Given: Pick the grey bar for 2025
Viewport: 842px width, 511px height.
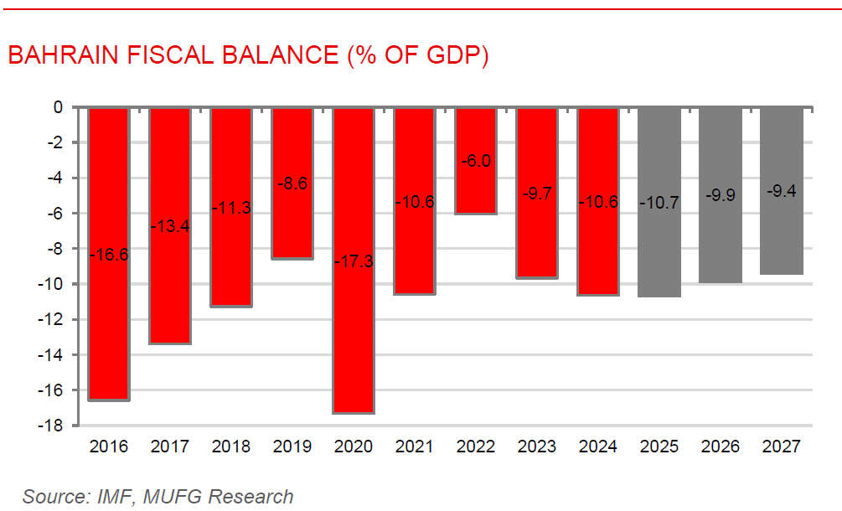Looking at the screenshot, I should tap(659, 251).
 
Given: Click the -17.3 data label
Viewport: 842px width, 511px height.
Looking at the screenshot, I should tap(354, 261).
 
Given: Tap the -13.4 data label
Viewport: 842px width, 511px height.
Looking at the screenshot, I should tap(170, 226).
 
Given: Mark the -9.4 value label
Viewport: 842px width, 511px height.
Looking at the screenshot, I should tap(781, 192).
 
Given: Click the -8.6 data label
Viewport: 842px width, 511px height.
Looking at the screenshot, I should tap(292, 183).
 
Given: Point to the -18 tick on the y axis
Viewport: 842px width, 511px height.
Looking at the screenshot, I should tap(54, 426).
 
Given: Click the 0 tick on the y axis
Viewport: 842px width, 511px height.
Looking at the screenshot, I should tap(59, 107).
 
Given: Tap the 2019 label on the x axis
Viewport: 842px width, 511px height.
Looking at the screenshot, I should tap(292, 446).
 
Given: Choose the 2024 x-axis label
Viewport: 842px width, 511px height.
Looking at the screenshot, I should tap(598, 446).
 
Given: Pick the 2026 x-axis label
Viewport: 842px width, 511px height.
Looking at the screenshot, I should tap(721, 446).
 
